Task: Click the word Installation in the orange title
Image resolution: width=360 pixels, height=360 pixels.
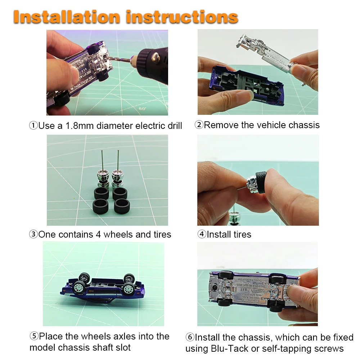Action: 67,17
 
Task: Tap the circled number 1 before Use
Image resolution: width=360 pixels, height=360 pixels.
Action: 33,126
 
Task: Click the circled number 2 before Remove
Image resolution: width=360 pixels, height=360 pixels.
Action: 199,125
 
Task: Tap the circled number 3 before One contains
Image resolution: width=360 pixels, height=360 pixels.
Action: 33,235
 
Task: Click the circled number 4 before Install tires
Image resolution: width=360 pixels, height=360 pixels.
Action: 202,235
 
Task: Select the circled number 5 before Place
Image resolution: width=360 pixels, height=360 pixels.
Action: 34,337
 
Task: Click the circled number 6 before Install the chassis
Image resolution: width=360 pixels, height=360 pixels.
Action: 190,338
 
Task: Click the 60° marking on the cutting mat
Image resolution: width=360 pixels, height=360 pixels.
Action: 143,108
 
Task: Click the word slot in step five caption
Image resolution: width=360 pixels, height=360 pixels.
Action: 122,348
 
